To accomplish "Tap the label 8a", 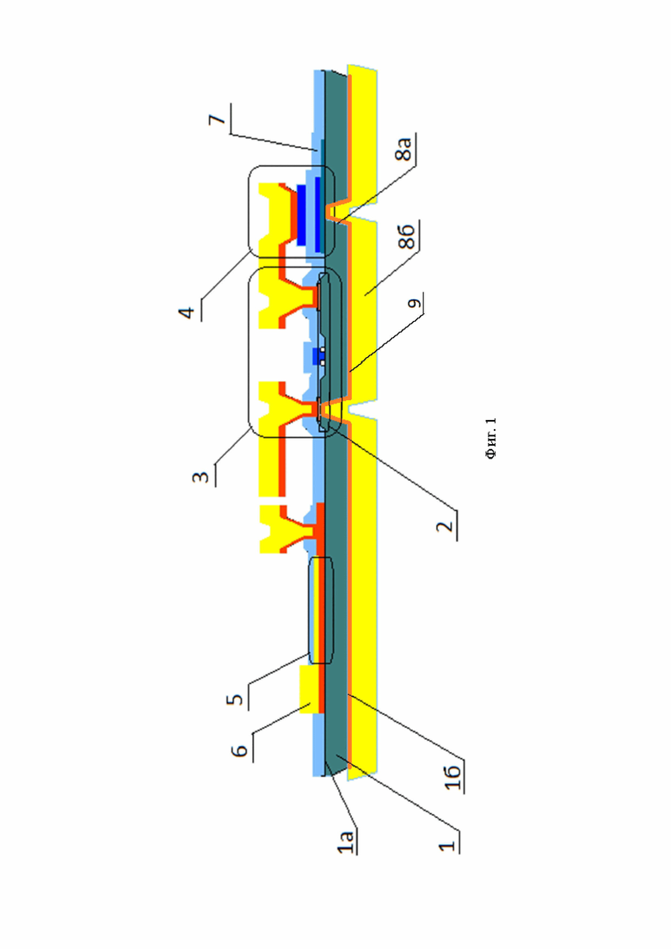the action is [403, 149].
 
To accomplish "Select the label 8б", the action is [407, 236].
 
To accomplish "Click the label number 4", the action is [187, 312].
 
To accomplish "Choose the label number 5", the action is [235, 699].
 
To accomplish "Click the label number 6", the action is [240, 750].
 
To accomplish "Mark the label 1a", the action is [346, 842].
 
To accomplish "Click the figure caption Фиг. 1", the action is [490, 438].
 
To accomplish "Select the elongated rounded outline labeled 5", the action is [321, 610].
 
